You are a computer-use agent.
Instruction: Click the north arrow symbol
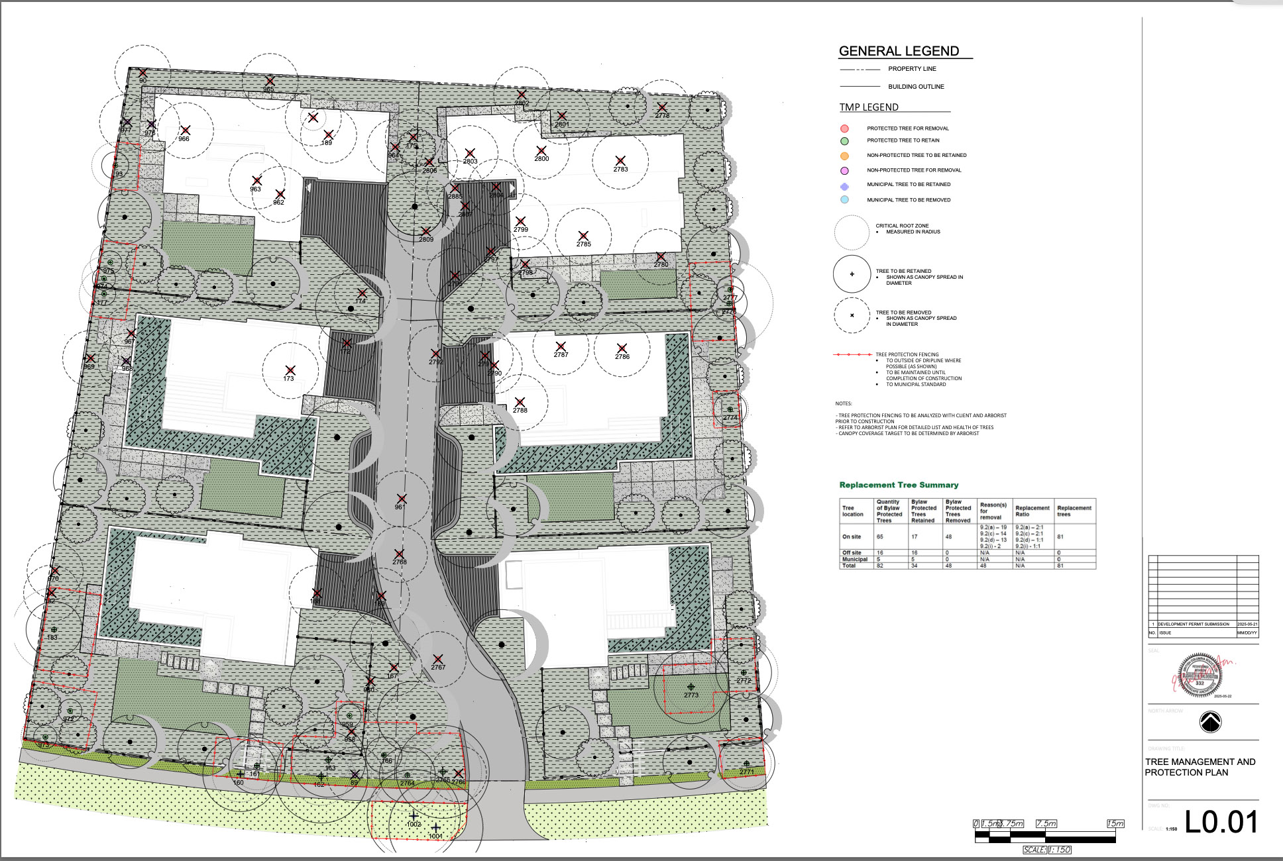click(x=1210, y=722)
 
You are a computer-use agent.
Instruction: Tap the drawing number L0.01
click(x=1221, y=822)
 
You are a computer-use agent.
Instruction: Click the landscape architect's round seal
click(x=1199, y=676)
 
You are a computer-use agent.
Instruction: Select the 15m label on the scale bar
click(x=1115, y=823)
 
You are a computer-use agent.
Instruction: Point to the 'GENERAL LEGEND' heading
click(x=899, y=51)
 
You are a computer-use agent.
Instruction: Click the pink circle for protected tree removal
click(x=844, y=128)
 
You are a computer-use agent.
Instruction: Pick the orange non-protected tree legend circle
click(x=844, y=156)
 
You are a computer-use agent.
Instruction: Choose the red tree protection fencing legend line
click(x=852, y=355)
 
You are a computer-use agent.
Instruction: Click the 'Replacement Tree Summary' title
click(x=899, y=485)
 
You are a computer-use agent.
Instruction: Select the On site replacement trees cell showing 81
click(x=1060, y=536)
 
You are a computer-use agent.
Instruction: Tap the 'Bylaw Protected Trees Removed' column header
click(x=958, y=511)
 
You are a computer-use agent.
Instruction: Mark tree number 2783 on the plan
click(x=620, y=161)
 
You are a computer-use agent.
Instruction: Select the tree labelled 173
click(x=290, y=370)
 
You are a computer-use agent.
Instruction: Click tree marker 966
click(x=186, y=130)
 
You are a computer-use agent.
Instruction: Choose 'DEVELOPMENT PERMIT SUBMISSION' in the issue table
click(x=1193, y=624)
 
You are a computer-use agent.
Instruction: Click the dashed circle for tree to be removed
click(x=852, y=315)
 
